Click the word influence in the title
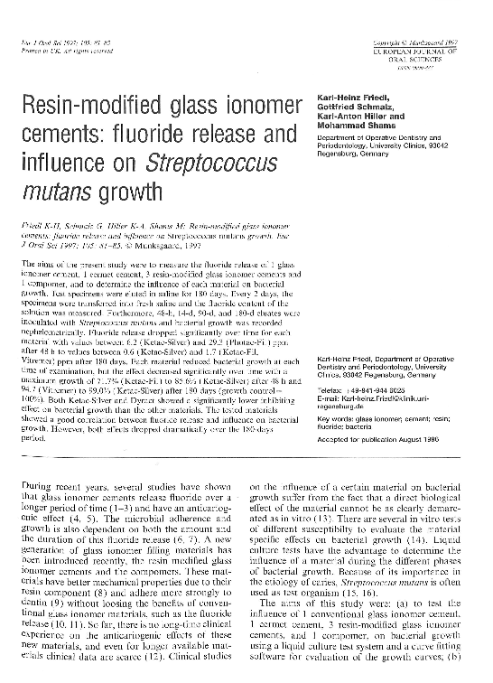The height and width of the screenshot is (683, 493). click(65, 164)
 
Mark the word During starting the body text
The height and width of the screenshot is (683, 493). click(49, 485)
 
